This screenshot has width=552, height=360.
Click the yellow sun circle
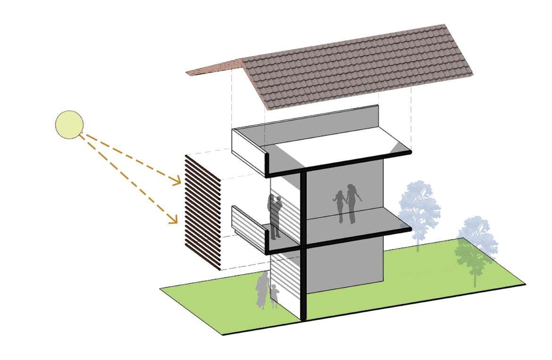(69, 125)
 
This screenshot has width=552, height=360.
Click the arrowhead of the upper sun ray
(178, 181)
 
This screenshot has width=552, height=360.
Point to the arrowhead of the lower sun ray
(174, 220)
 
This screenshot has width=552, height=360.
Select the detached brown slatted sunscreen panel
(203, 212)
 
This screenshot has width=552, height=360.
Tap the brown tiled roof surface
(359, 66)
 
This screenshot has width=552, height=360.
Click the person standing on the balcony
(275, 215)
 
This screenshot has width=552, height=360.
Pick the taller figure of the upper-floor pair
(352, 203)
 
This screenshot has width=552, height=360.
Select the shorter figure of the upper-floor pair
(340, 206)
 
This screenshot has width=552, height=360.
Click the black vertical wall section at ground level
(303, 283)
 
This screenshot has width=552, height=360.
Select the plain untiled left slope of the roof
(215, 68)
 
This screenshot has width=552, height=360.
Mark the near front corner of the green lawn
(223, 334)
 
